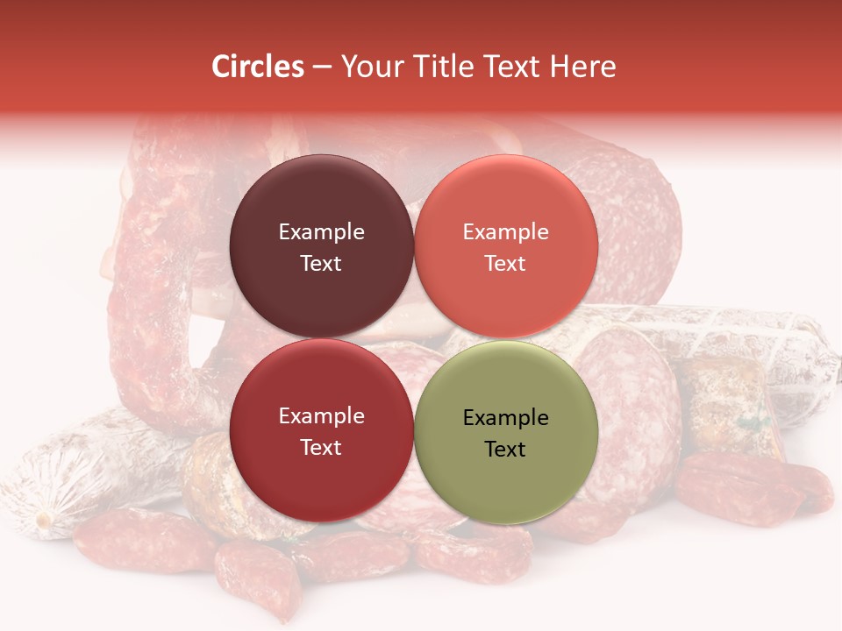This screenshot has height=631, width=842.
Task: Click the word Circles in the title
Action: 258,67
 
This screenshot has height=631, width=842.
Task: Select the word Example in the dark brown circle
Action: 321,232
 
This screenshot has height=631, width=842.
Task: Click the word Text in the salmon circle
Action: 505,264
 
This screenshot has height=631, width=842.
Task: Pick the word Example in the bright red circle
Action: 321,416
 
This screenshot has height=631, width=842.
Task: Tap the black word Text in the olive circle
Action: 505,450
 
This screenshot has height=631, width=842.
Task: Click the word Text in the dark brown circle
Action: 321,264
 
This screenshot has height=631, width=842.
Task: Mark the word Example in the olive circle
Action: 505,418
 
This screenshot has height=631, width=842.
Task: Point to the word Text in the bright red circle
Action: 321,448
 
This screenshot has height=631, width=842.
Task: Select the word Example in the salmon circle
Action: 505,232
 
